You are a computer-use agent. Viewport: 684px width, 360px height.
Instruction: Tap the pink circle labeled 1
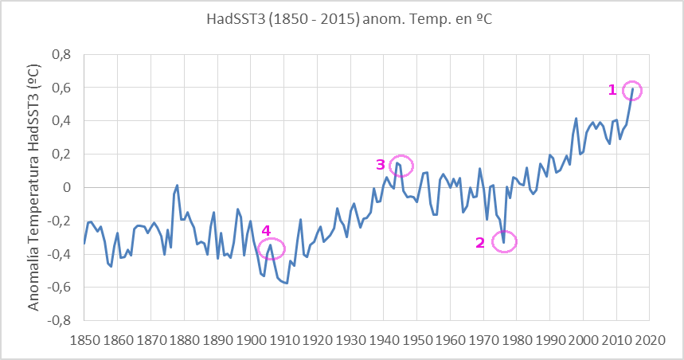click(632, 90)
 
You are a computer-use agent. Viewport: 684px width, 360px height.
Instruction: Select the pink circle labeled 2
click(504, 241)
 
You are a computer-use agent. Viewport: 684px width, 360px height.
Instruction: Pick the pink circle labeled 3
click(402, 165)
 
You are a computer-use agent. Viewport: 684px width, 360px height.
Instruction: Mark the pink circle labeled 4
click(271, 248)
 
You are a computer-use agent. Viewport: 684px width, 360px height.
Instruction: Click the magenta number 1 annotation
click(612, 90)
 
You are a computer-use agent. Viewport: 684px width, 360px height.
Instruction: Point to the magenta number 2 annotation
click(479, 243)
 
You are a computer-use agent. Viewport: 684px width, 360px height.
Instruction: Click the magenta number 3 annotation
click(381, 165)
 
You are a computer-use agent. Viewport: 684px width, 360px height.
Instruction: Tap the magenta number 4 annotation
click(266, 232)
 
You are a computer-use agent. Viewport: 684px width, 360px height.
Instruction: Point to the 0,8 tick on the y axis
click(62, 54)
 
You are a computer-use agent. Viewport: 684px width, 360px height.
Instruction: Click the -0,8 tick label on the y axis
click(60, 321)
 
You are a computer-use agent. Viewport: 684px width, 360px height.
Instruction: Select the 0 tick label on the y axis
click(68, 187)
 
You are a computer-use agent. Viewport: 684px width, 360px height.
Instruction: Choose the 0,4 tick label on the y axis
click(62, 121)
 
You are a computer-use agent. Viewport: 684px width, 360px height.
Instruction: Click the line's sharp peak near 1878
click(177, 185)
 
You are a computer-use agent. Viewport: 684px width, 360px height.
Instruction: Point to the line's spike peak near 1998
click(576, 118)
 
